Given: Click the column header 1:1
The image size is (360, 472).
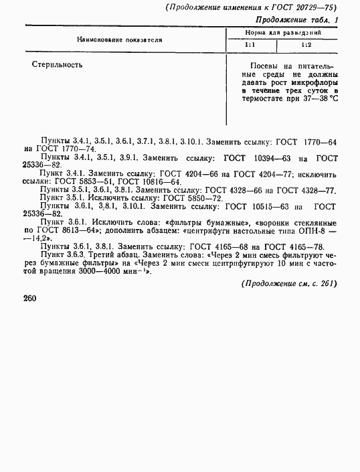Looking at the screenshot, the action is point(248,46).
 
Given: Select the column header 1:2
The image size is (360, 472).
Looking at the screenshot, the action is point(305,46).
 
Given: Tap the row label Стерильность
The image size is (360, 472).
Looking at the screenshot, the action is point(57,66).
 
